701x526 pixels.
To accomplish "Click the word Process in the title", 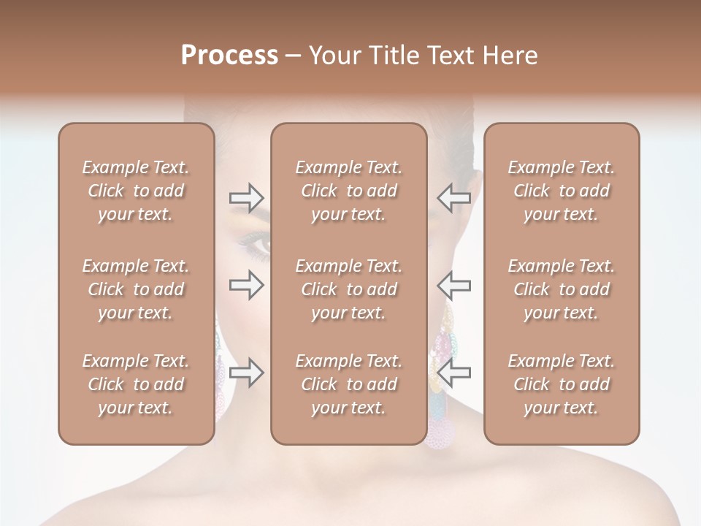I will pos(229,56).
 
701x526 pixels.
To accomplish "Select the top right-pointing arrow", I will pos(246,198).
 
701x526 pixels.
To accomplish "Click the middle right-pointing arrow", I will pos(246,285).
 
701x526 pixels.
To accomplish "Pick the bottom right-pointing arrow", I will pos(246,373).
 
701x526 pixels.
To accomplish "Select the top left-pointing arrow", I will pos(453,198).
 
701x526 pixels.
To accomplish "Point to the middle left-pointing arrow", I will pos(453,285).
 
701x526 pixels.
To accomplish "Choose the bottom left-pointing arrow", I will pos(453,373).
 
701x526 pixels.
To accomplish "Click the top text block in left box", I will pos(136,191).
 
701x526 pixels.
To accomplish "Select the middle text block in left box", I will pos(136,289).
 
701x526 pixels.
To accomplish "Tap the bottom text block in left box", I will pos(136,384).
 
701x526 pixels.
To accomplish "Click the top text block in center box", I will pos(348,191).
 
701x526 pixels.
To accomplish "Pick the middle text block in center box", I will pos(348,289).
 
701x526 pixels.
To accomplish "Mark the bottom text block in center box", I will pos(348,384).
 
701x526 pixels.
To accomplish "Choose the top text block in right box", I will pos(561,191).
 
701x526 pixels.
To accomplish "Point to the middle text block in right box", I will pos(561,289).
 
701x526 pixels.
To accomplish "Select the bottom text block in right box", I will pos(561,384).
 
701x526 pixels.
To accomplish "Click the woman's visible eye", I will pos(257,245).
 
